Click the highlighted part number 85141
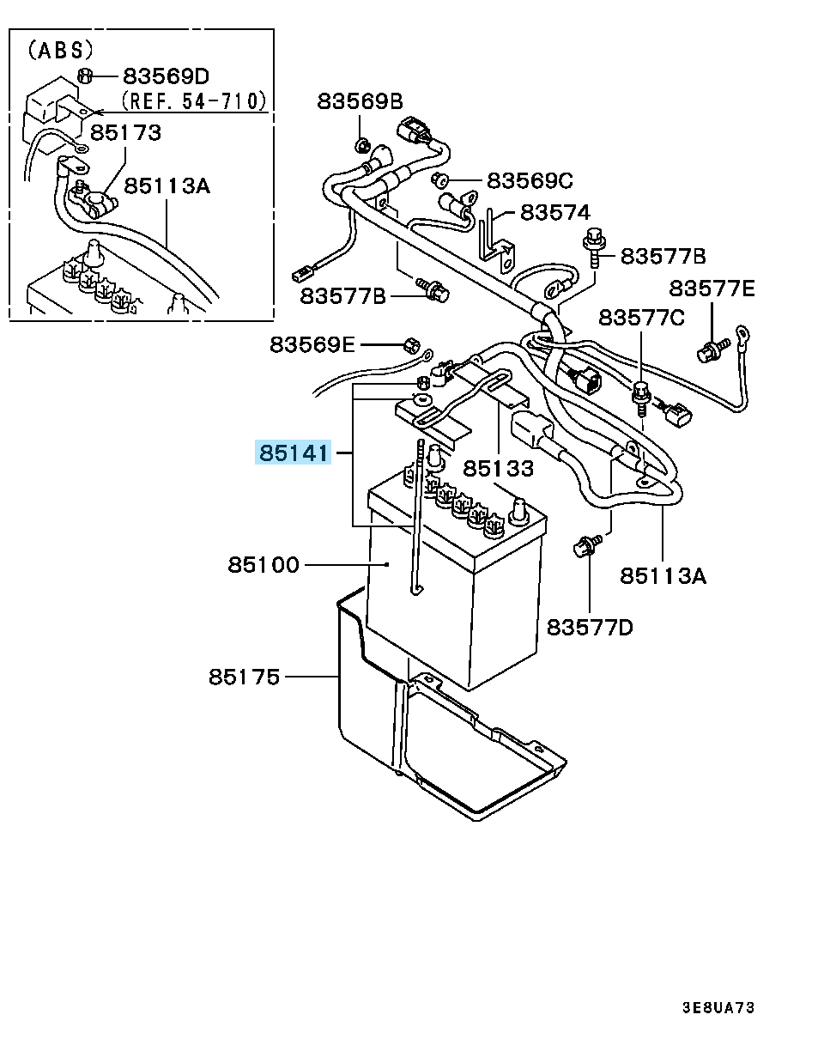[x=293, y=452]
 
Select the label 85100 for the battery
[x=264, y=565]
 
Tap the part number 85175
[x=244, y=677]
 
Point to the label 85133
[x=499, y=469]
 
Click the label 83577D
[x=590, y=628]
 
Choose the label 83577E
[x=712, y=289]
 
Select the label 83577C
[x=641, y=318]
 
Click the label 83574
[x=555, y=212]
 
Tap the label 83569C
[x=530, y=181]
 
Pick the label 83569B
[x=360, y=101]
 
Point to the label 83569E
[x=312, y=344]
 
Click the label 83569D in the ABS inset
[x=167, y=76]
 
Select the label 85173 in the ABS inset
[x=125, y=132]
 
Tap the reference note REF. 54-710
[x=193, y=101]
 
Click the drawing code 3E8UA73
[x=718, y=1007]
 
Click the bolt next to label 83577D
[x=588, y=545]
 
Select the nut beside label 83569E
[x=410, y=345]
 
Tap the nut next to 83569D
[x=85, y=75]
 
